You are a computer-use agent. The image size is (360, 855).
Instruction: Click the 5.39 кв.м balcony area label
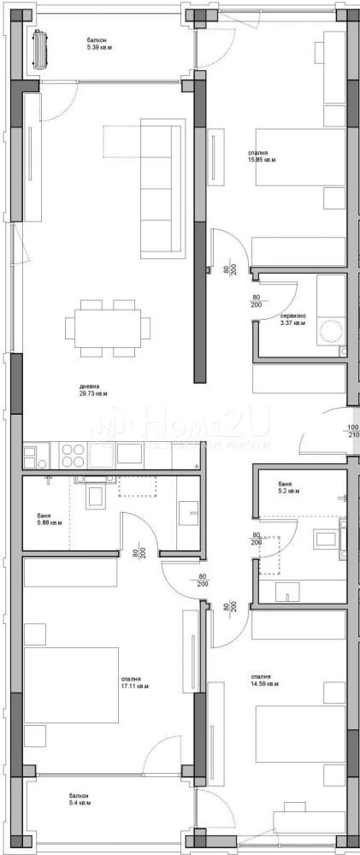click(99, 44)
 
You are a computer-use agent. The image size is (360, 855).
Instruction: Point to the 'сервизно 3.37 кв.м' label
click(292, 321)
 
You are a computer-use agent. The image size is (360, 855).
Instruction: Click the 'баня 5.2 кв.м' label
click(289, 487)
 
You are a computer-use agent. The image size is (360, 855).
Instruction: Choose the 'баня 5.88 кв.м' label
click(49, 520)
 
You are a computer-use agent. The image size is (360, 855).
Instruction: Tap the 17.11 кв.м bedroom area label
click(134, 684)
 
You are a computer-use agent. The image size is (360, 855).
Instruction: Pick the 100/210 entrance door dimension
click(352, 431)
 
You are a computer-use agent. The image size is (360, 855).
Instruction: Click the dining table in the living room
click(108, 327)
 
